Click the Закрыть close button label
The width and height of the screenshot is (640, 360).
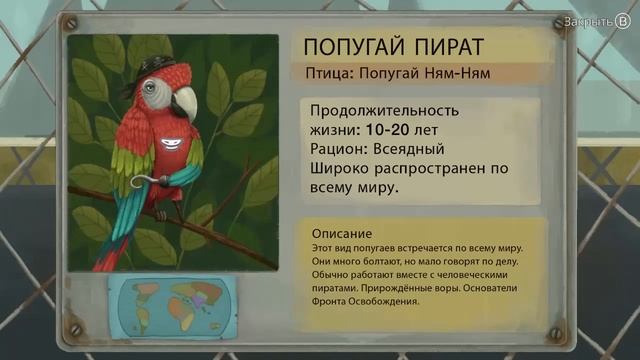click(x=586, y=20)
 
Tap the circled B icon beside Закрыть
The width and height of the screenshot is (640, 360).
click(x=621, y=20)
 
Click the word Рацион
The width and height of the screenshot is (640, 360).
click(x=337, y=148)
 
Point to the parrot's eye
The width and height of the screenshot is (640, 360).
click(x=151, y=89)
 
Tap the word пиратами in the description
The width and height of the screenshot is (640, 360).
click(x=335, y=287)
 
